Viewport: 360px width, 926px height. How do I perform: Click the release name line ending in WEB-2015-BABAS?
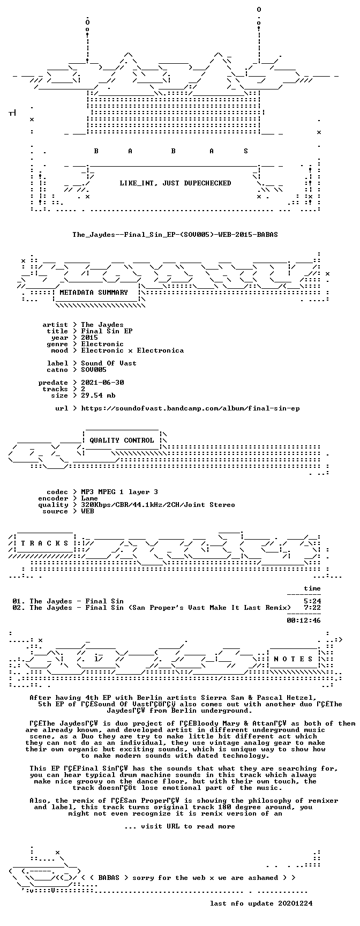click(175, 234)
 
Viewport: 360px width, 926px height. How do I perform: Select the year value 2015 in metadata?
click(89, 337)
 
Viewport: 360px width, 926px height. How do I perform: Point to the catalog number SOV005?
click(94, 369)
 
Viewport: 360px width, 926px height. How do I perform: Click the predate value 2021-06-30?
click(102, 382)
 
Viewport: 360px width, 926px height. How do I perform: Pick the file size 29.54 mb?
click(98, 395)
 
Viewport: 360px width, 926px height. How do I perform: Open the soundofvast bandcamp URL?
click(190, 408)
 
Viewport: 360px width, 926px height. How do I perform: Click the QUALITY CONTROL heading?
click(122, 440)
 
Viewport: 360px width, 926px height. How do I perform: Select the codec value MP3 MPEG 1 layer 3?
click(119, 491)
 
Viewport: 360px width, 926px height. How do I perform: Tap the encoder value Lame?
click(89, 498)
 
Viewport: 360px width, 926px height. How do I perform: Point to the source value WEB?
click(87, 511)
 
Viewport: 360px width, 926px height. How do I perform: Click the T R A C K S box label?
click(44, 543)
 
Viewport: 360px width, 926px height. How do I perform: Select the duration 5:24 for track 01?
click(312, 601)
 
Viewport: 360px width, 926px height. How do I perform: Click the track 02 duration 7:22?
click(312, 607)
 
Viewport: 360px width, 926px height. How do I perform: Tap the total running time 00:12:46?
click(304, 620)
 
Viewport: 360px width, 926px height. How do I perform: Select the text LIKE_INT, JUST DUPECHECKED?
click(175, 183)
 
